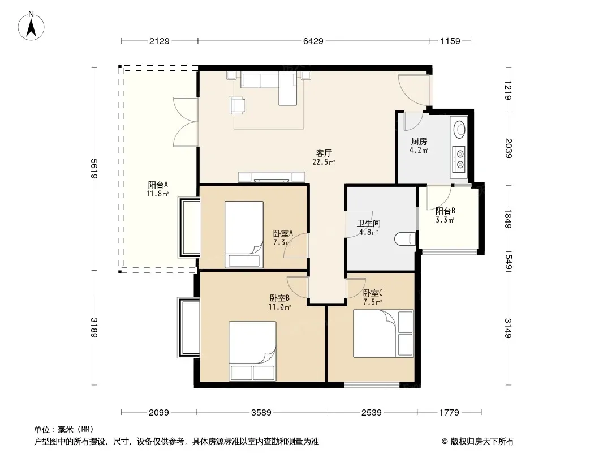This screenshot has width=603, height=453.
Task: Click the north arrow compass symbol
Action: click(31, 26)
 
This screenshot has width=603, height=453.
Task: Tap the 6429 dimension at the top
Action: click(313, 41)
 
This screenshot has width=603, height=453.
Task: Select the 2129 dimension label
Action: click(159, 41)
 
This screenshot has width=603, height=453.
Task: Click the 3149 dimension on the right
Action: click(509, 328)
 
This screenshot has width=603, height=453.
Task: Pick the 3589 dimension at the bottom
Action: click(261, 413)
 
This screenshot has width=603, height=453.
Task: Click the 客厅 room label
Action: click(324, 153)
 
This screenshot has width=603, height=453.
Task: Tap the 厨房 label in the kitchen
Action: click(419, 141)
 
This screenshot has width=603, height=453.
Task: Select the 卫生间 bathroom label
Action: click(369, 223)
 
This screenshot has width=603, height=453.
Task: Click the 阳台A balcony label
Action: click(158, 185)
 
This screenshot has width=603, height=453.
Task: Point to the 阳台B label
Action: click(445, 211)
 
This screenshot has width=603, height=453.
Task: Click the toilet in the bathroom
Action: click(406, 239)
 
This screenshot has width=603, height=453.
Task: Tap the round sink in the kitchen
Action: click(459, 129)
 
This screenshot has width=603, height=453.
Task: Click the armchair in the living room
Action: click(237, 105)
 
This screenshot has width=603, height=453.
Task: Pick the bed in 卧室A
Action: click(244, 234)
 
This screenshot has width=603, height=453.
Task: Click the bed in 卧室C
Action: click(384, 334)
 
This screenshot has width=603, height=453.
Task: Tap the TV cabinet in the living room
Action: click(272, 177)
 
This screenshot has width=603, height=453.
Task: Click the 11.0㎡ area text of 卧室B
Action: click(279, 307)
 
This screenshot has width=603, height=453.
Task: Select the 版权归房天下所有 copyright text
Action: click(482, 442)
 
